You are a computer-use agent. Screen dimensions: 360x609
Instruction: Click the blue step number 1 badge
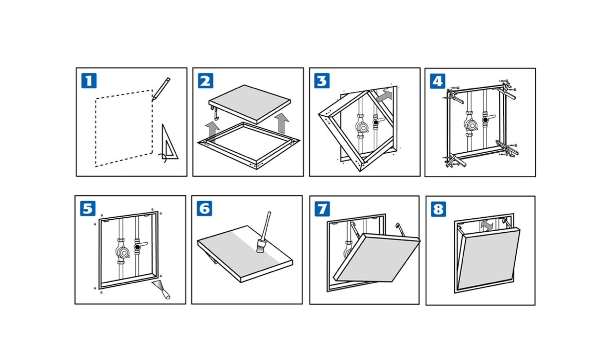pos(89,81)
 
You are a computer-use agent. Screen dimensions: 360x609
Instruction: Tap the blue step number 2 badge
pos(205,81)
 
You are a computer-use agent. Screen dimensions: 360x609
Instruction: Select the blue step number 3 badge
pos(322,81)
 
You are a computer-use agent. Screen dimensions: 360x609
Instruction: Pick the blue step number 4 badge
pos(437,81)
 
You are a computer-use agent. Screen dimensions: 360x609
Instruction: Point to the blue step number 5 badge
pos(88,208)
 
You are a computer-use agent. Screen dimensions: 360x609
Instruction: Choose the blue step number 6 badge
pos(204,208)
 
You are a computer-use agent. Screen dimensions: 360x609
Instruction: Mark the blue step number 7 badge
pos(322,209)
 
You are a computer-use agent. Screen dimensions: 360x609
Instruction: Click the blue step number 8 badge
pos(438,209)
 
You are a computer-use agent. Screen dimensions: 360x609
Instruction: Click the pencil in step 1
pos(161,89)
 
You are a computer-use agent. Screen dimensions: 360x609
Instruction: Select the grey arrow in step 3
pos(384,96)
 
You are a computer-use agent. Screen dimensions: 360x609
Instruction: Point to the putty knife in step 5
pos(161,288)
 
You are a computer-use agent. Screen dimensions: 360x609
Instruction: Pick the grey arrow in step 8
pos(487,225)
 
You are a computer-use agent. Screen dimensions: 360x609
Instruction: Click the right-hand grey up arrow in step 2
pos(282,123)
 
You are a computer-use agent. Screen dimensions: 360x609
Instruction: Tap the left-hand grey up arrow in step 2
pos(212,130)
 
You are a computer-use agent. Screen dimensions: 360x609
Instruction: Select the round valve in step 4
pos(471,125)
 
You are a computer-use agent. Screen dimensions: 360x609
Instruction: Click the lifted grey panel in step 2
pos(250,103)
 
